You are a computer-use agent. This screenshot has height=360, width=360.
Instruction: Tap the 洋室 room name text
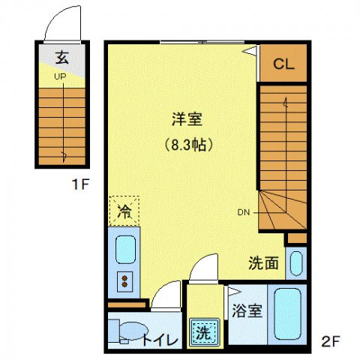click(x=187, y=118)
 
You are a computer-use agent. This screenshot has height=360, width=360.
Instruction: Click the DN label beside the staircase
click(x=244, y=213)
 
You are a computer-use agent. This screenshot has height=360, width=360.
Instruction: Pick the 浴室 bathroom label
click(x=247, y=310)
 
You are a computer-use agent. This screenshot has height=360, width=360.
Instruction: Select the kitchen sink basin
click(x=124, y=249)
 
